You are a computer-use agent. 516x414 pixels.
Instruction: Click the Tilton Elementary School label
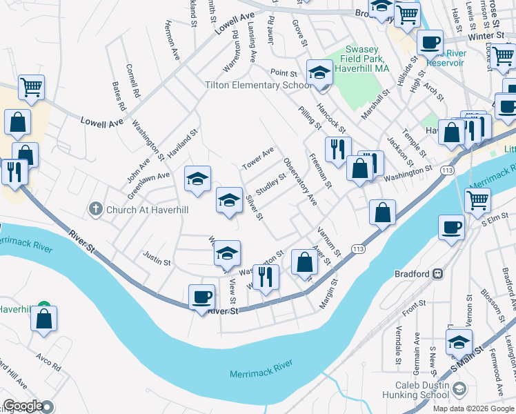[x=259, y=86]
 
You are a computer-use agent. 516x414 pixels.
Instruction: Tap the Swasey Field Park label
[x=361, y=59]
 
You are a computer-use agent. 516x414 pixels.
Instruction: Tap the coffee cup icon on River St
[x=201, y=297]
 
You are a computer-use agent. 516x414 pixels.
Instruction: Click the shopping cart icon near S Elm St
[x=477, y=201]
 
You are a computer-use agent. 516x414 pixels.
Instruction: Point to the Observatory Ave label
[x=300, y=181]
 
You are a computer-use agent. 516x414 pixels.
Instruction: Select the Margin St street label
[x=328, y=294]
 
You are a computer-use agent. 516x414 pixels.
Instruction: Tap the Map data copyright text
[x=473, y=408]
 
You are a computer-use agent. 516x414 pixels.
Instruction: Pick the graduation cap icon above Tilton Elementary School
[x=319, y=72]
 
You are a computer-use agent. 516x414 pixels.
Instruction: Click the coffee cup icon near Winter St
[x=430, y=43]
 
